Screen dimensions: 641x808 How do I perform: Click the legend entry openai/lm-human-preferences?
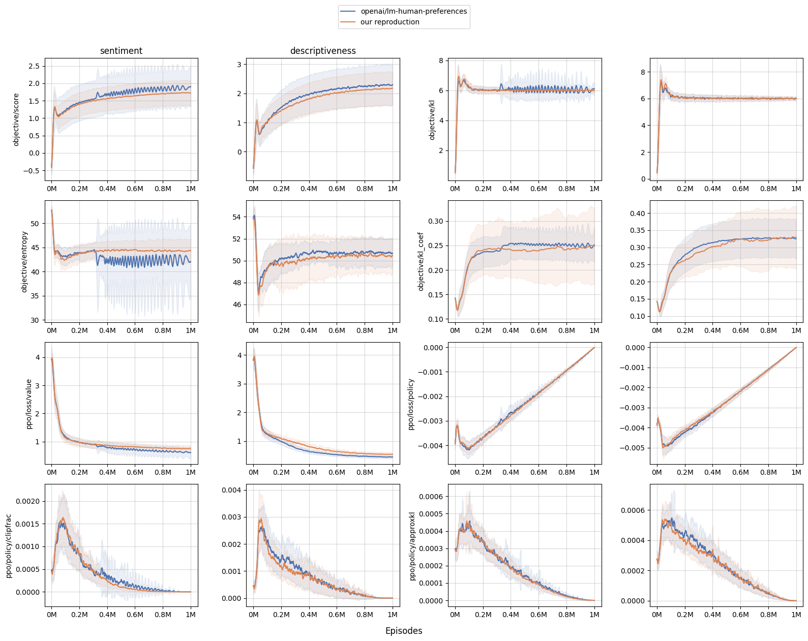pyautogui.click(x=413, y=11)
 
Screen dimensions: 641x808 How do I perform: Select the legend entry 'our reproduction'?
pyautogui.click(x=390, y=22)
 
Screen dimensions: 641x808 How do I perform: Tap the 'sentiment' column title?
pyautogui.click(x=121, y=51)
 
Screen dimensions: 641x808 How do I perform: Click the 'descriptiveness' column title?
pyautogui.click(x=323, y=51)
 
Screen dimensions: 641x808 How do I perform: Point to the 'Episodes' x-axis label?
pyautogui.click(x=404, y=631)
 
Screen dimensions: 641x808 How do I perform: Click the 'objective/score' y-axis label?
pyautogui.click(x=16, y=119)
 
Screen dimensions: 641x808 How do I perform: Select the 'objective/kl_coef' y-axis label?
pyautogui.click(x=421, y=261)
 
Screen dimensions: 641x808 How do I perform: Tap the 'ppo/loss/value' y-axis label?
pyautogui.click(x=29, y=404)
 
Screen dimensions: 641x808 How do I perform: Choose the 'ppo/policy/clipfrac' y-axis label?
pyautogui.click(x=9, y=545)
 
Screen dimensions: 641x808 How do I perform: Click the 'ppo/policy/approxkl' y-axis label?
pyautogui.click(x=412, y=545)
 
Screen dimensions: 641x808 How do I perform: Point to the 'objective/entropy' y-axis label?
pyautogui.click(x=24, y=261)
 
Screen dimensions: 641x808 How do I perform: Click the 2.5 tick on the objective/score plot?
pyautogui.click(x=34, y=66)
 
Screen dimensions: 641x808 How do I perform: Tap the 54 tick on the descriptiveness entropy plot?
pyautogui.click(x=236, y=217)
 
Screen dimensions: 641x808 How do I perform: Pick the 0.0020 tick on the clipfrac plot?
pyautogui.click(x=27, y=501)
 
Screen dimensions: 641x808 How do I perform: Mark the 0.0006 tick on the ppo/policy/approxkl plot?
pyautogui.click(x=430, y=496)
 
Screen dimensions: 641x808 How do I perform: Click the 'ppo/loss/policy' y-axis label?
pyautogui.click(x=411, y=404)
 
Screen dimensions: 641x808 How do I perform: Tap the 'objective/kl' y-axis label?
pyautogui.click(x=432, y=119)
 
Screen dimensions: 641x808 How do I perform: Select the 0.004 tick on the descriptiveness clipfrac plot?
pyautogui.click(x=232, y=490)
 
